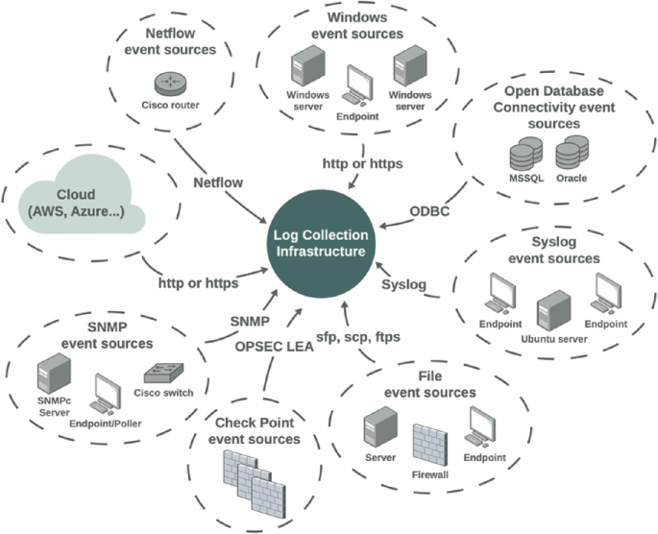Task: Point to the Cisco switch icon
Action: point(160,374)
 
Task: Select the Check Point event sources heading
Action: point(254,431)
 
